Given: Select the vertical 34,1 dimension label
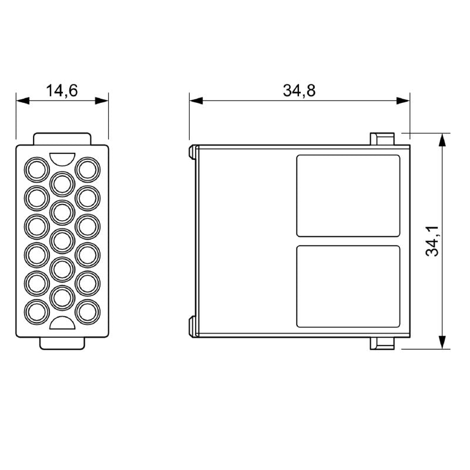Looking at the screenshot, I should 433,240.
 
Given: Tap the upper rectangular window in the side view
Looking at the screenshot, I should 348,196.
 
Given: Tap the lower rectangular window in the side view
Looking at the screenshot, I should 348,286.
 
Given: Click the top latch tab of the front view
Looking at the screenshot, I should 62,139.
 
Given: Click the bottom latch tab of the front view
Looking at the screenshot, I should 62,343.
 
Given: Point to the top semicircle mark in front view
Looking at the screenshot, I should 62,158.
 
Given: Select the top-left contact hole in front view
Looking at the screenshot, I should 36,170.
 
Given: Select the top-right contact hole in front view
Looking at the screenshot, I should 88,170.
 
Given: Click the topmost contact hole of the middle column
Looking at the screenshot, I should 62,183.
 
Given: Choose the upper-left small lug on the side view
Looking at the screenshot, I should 192,152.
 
